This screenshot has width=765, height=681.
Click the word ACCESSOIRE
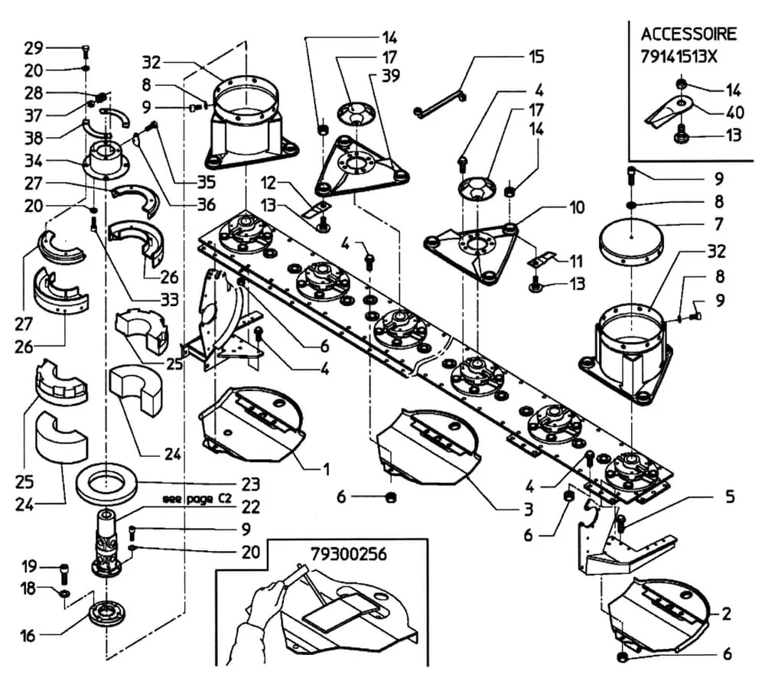(688, 34)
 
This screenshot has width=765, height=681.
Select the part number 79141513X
(679, 57)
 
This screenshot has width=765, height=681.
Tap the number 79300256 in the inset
(349, 554)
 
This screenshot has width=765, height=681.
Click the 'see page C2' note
(197, 499)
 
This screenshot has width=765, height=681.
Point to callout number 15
(536, 57)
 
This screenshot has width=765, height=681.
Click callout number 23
(251, 484)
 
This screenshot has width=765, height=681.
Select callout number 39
(390, 76)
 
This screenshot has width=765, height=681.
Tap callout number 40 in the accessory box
(734, 112)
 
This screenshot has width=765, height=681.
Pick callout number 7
(718, 224)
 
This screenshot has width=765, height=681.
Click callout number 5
(730, 497)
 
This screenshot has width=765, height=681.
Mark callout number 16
(28, 635)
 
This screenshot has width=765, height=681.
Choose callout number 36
(206, 204)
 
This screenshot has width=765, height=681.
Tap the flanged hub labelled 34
(106, 159)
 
